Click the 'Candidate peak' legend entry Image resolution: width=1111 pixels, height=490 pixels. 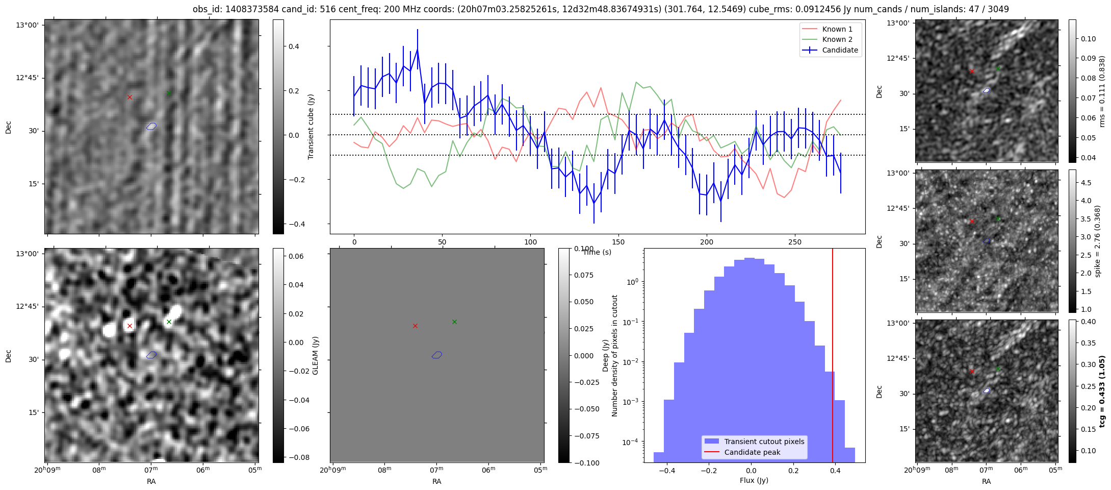pos(752,452)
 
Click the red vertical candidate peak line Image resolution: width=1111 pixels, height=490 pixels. pos(833,357)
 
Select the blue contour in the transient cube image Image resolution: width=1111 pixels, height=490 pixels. pos(151,126)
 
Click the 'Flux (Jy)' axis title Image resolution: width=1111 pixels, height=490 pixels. pos(754,480)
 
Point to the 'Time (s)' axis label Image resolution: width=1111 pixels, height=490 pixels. pos(597,252)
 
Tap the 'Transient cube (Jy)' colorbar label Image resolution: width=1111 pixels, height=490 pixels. pos(311,127)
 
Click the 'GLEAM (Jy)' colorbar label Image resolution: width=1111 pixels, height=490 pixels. pos(315,356)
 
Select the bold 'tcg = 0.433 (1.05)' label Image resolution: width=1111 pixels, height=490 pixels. pos(1102,391)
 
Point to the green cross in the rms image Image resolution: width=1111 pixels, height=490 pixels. pos(998,68)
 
